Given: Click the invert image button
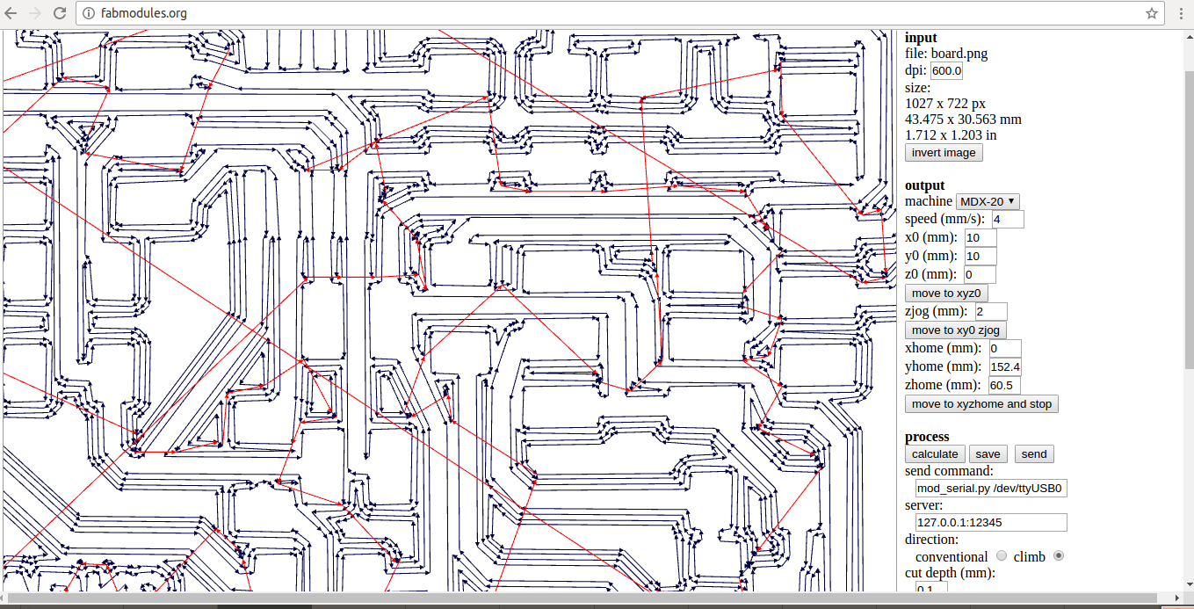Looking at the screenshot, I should (x=944, y=153).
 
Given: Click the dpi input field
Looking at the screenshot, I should (x=946, y=71).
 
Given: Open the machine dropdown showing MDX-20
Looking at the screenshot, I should (x=988, y=201).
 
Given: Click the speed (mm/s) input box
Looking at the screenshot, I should (x=1007, y=220).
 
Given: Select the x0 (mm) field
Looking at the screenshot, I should (x=980, y=238).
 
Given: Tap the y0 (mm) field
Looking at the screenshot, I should (x=980, y=257).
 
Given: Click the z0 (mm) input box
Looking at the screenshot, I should (x=980, y=275).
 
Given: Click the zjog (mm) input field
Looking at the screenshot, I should (x=991, y=312).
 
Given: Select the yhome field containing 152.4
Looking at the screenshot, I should (x=1004, y=366).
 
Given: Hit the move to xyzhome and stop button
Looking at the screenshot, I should (x=981, y=404).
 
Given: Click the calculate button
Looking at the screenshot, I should (x=935, y=454).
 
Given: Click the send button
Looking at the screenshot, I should (x=1034, y=454).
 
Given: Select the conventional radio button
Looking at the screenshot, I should (x=1002, y=556).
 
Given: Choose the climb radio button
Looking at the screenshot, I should (x=1059, y=556).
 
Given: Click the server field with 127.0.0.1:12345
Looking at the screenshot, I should (x=990, y=522).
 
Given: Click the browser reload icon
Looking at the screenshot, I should (x=60, y=13).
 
